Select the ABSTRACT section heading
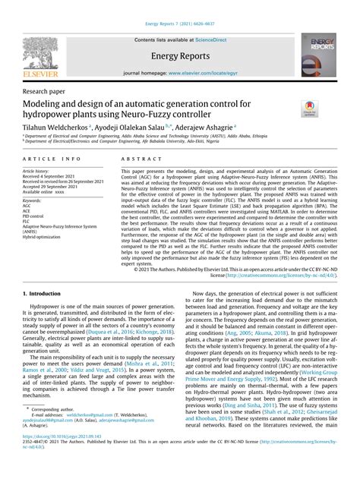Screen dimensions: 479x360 [x=139, y=159]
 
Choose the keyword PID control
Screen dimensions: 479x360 [x=37, y=216]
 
